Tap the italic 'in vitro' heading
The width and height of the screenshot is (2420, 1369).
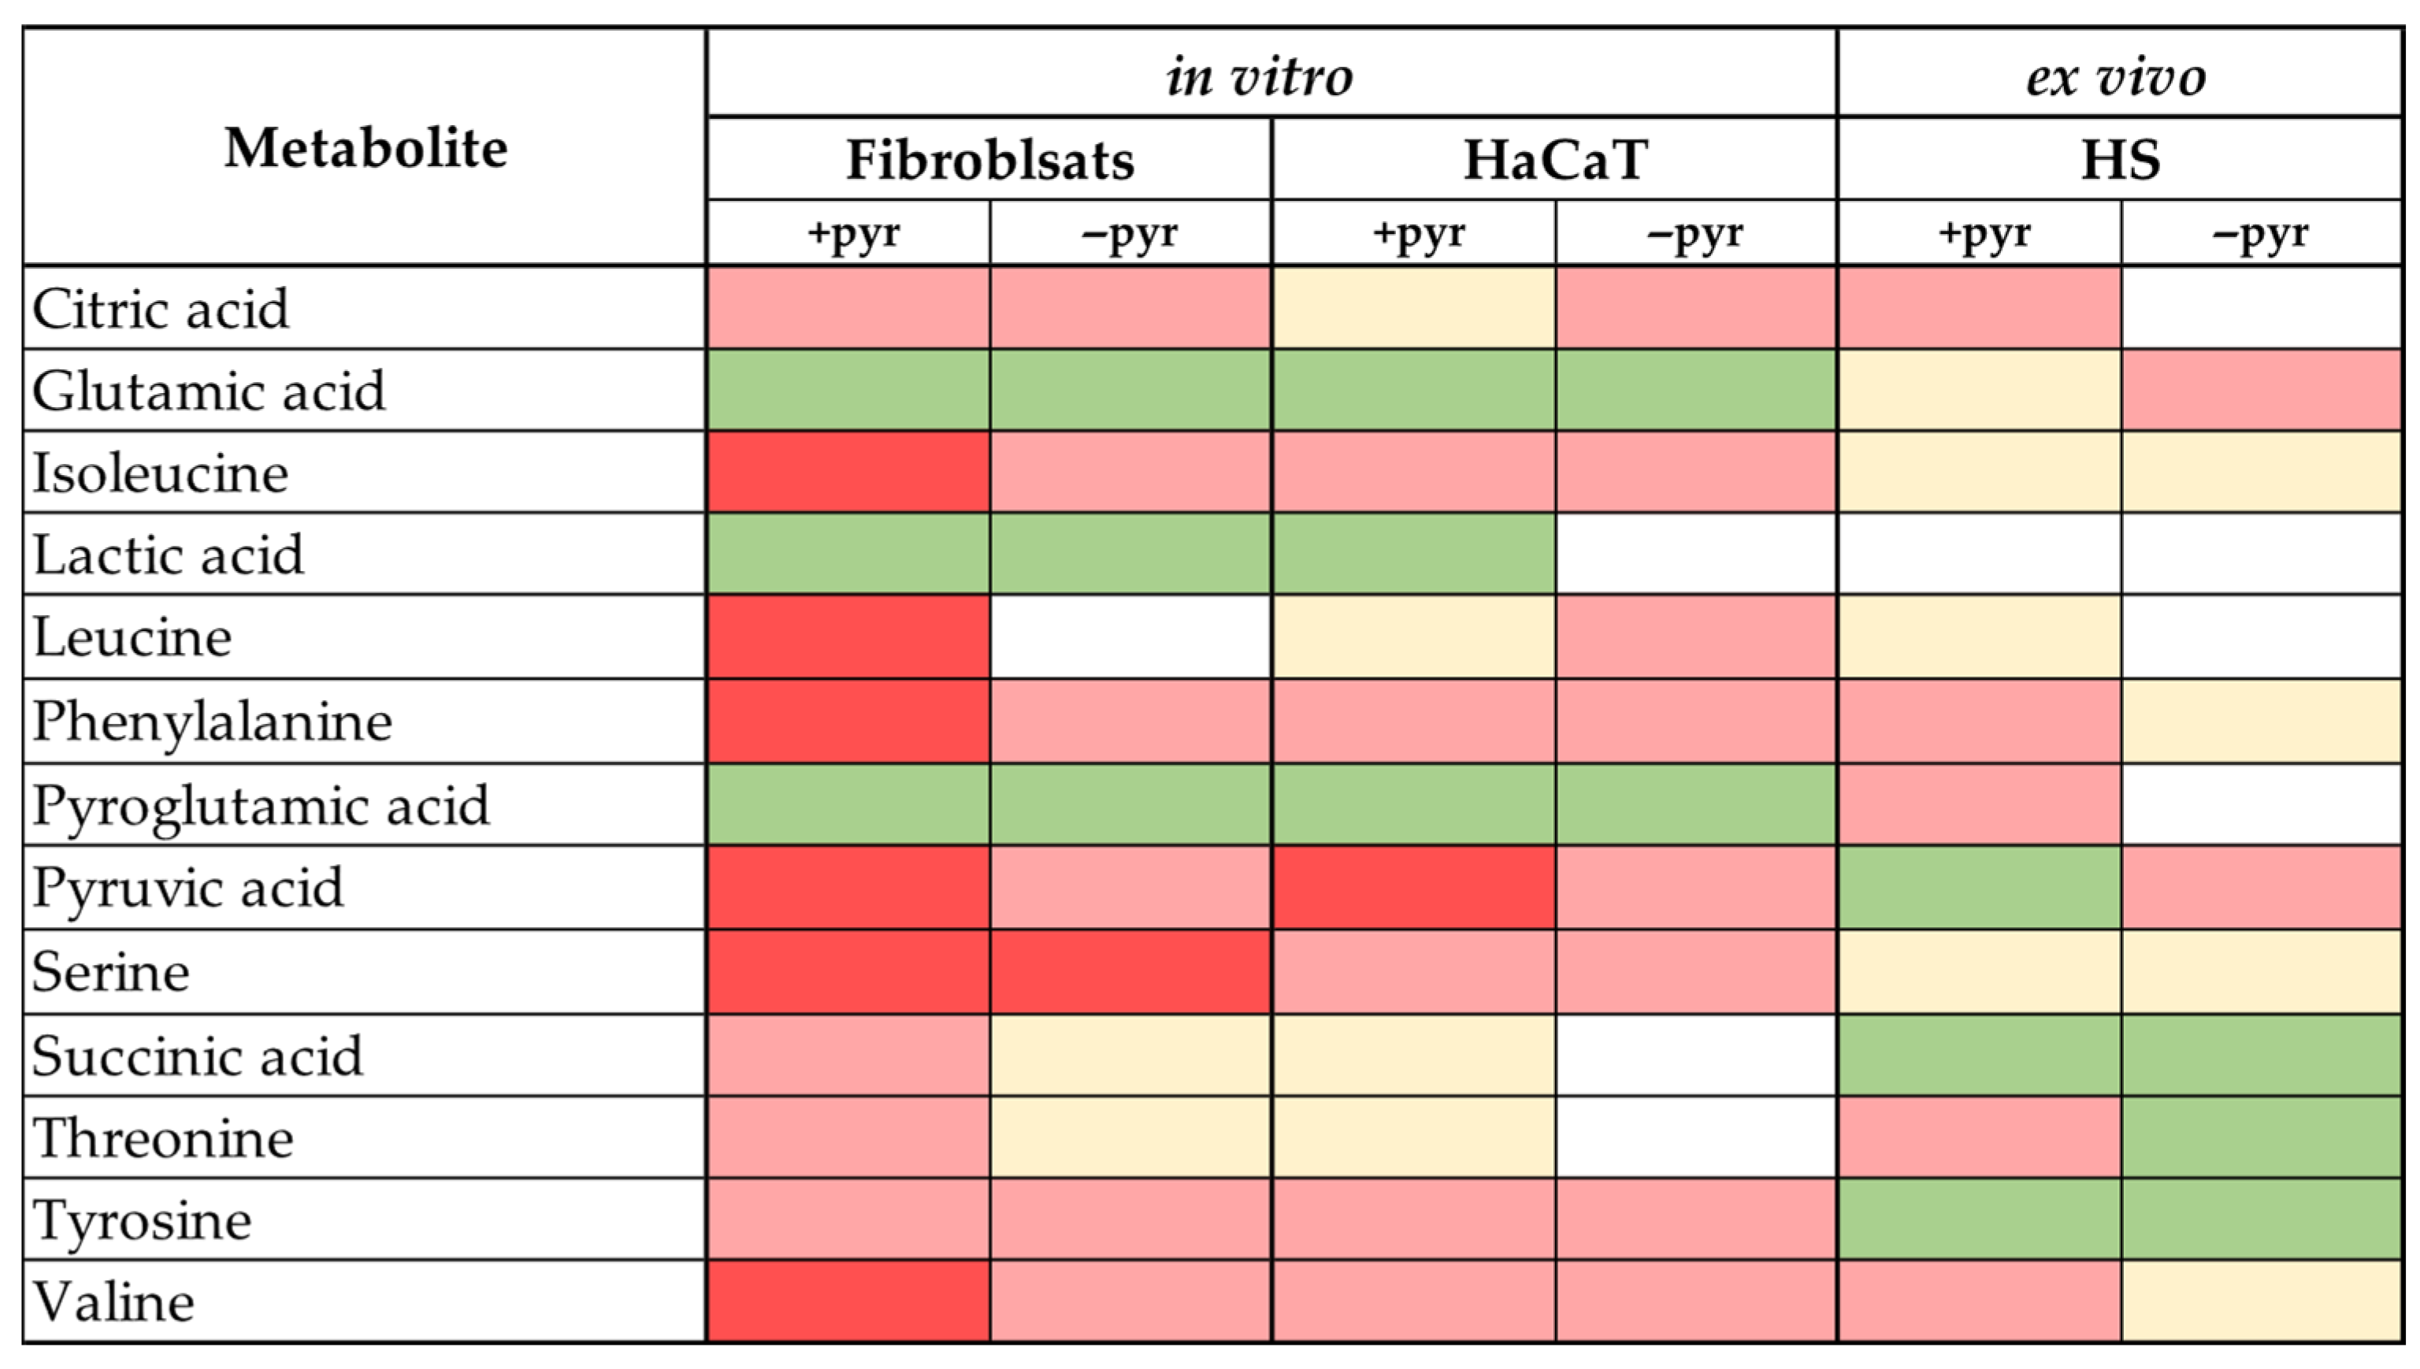(1260, 75)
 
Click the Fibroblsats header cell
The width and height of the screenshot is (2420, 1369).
(989, 160)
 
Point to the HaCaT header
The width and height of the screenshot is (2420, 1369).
(1554, 160)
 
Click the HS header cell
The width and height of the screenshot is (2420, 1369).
(2119, 160)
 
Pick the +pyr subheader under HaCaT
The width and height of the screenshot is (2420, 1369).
(1418, 233)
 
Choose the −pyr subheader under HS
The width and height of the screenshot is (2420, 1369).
(2260, 233)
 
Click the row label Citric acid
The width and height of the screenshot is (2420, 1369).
(160, 309)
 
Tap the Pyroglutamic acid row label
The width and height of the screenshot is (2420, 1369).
(261, 806)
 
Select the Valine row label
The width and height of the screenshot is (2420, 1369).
(113, 1302)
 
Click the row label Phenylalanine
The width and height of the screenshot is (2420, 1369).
(212, 722)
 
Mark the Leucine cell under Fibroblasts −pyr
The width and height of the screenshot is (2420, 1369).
(1130, 636)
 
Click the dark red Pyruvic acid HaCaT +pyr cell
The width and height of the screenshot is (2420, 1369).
(1413, 888)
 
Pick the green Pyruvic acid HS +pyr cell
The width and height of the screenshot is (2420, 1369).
(1979, 888)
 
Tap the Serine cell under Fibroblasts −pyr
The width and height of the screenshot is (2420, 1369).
(1130, 971)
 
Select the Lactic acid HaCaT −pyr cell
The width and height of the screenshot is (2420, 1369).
(1695, 554)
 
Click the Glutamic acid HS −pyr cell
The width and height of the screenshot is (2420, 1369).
(2260, 390)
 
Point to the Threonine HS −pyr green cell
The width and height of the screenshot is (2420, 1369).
(2260, 1137)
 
